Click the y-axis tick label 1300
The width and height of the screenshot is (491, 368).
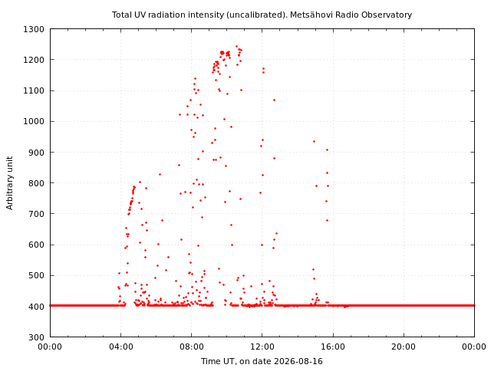[34, 29]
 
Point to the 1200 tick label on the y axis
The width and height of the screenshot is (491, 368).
[34, 60]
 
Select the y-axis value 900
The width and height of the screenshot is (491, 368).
[36, 153]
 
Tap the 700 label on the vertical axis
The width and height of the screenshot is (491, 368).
[36, 214]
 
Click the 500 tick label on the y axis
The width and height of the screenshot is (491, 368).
[36, 276]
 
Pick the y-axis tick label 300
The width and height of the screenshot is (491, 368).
[36, 337]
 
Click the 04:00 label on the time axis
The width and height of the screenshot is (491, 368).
[121, 347]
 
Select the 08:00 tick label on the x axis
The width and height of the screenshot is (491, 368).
[192, 347]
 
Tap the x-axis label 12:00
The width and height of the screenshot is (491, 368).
[262, 347]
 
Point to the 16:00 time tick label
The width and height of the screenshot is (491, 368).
[333, 347]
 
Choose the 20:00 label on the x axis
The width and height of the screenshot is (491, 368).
[404, 347]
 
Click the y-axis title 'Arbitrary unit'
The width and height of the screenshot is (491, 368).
[10, 183]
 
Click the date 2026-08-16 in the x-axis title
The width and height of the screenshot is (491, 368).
[298, 361]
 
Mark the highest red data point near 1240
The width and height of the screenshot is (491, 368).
[237, 46]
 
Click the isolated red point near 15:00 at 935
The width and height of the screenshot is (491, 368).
[314, 141]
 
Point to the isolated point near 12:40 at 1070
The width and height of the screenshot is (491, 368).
[274, 100]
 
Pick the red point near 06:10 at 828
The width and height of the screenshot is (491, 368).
[160, 174]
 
